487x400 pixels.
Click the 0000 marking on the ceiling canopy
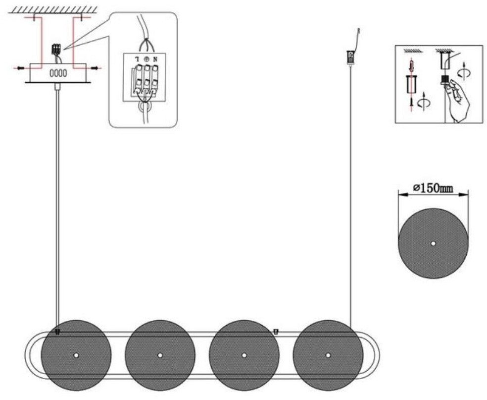[58, 73]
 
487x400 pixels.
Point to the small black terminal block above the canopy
[56, 49]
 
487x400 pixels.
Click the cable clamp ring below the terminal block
[145, 107]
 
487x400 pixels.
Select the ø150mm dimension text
[433, 188]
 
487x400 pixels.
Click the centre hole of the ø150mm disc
[433, 243]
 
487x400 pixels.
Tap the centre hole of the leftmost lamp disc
[76, 355]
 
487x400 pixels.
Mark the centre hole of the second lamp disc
[160, 355]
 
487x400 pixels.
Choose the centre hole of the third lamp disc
[244, 355]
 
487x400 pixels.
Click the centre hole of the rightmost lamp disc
[328, 355]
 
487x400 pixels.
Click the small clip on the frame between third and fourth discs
[275, 332]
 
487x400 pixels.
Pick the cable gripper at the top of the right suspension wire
[350, 57]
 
